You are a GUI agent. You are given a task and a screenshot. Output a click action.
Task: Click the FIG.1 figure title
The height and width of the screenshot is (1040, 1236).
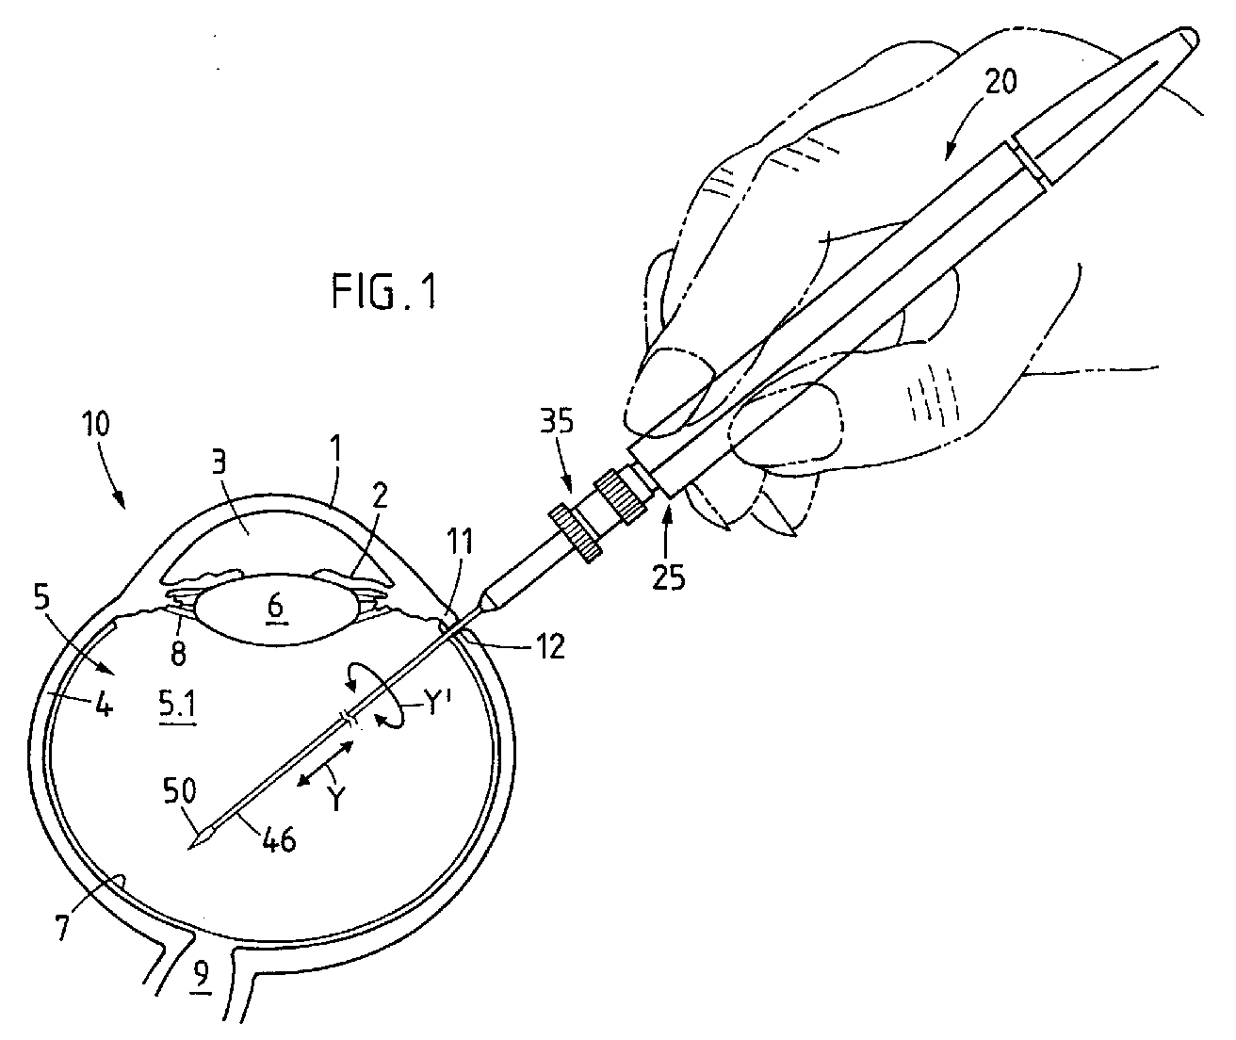click(x=384, y=291)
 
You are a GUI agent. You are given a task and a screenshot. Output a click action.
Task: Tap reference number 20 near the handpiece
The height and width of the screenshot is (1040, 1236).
click(x=1000, y=82)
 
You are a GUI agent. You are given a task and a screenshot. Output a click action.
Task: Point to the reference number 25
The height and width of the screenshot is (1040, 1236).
click(x=668, y=577)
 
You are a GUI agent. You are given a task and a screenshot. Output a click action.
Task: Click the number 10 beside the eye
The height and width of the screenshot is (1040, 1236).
click(x=95, y=424)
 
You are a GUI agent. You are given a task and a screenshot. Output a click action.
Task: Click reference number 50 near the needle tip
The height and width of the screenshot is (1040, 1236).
click(x=179, y=791)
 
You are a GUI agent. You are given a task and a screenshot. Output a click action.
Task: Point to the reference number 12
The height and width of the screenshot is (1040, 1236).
click(x=548, y=647)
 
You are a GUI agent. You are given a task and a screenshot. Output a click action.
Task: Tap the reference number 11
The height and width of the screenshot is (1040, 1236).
click(x=460, y=542)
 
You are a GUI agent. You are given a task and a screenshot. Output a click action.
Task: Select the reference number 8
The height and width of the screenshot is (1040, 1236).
click(x=178, y=653)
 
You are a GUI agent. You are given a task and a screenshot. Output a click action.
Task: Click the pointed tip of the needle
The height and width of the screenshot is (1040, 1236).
click(x=188, y=851)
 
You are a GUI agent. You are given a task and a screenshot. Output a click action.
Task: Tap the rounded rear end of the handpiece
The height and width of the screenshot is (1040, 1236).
click(x=1190, y=38)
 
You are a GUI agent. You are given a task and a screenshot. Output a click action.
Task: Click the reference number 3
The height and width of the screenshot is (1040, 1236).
click(x=219, y=463)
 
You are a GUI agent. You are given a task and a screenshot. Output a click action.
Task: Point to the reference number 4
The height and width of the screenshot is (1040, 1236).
click(x=105, y=705)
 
